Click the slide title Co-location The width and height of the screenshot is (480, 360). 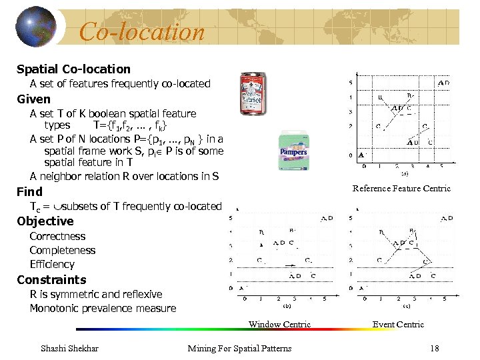(x=141, y=31)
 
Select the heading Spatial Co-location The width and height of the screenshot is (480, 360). (x=73, y=69)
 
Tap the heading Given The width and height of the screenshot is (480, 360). (x=33, y=99)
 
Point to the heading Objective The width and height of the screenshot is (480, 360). (x=45, y=221)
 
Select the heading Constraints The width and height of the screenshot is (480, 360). (x=51, y=280)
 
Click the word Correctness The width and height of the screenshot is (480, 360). (x=57, y=236)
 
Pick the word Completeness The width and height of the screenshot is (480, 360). (x=63, y=251)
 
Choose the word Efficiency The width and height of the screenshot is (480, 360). (x=52, y=265)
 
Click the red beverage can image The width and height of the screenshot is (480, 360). (x=253, y=93)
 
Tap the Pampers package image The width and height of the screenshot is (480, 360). (x=293, y=151)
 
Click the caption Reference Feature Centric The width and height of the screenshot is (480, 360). (x=401, y=189)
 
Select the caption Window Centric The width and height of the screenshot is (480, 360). (x=279, y=325)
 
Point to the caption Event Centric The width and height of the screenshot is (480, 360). (x=398, y=325)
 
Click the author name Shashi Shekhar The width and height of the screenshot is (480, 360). (x=70, y=348)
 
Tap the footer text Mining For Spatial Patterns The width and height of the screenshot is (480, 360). (x=239, y=348)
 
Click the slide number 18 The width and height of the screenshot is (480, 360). (x=434, y=348)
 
